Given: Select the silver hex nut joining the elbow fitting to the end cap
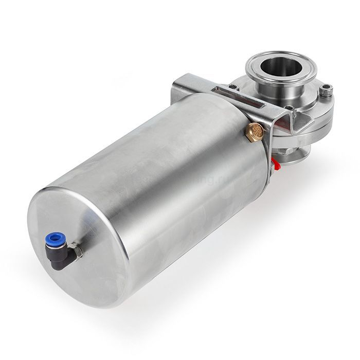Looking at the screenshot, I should click(77, 250).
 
